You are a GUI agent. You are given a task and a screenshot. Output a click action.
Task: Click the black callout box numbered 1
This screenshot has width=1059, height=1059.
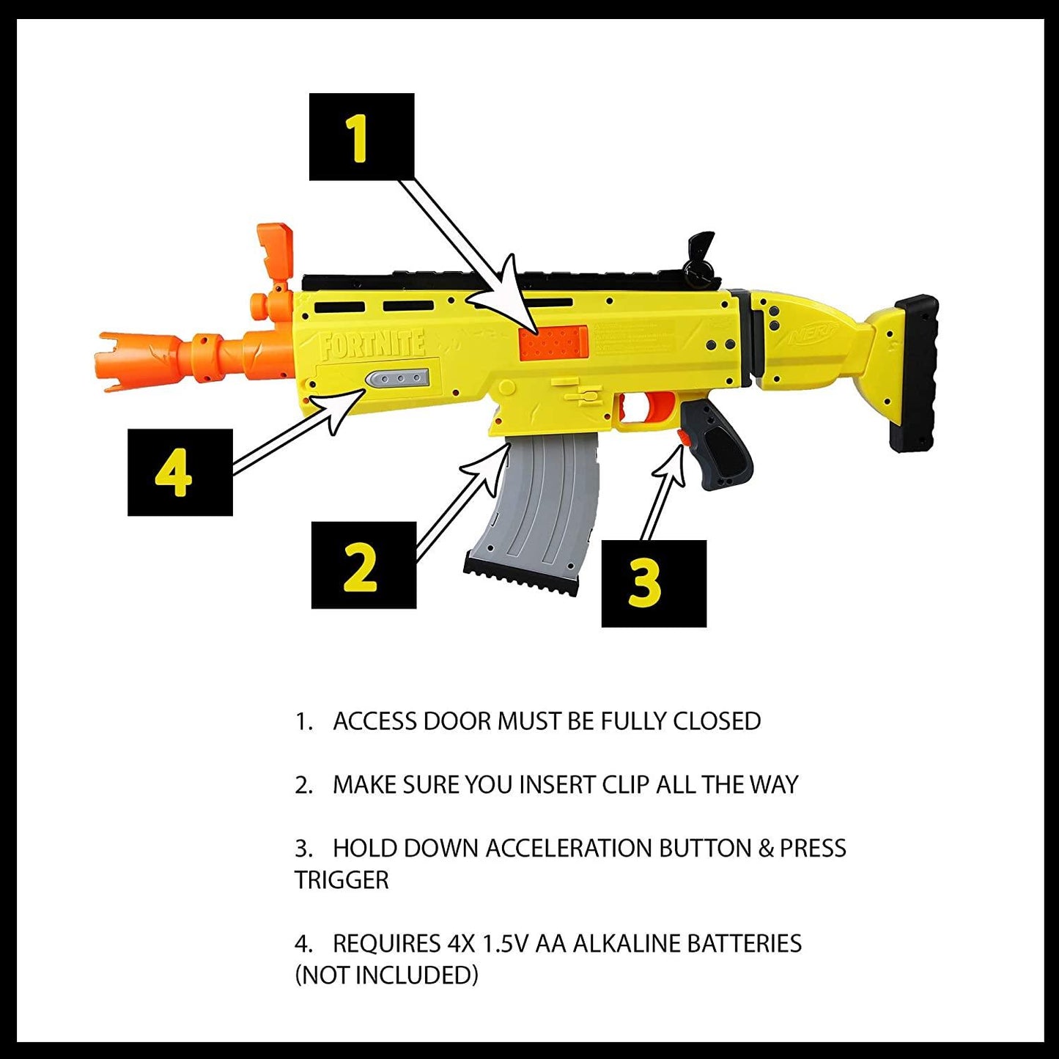(x=361, y=137)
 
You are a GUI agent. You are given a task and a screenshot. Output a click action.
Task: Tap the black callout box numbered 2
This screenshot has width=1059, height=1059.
(x=364, y=565)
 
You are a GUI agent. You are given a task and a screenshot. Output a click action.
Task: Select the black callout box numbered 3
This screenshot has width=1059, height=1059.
(x=654, y=583)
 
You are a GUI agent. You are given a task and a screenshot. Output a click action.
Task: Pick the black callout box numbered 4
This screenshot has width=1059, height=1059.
(x=180, y=473)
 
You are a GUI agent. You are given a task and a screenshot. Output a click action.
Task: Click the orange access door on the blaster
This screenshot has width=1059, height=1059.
(x=553, y=343)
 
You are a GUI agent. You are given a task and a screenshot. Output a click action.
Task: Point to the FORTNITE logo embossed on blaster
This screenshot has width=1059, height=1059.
(x=372, y=344)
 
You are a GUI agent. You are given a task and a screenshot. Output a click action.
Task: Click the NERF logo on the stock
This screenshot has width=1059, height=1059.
(x=813, y=335)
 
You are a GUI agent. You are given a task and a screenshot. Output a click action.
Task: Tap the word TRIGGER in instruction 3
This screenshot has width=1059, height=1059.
(x=342, y=879)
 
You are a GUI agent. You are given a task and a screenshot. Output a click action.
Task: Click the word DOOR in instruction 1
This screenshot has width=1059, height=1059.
(x=457, y=721)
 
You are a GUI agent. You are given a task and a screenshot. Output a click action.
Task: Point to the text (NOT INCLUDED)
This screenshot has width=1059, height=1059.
(x=386, y=975)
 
